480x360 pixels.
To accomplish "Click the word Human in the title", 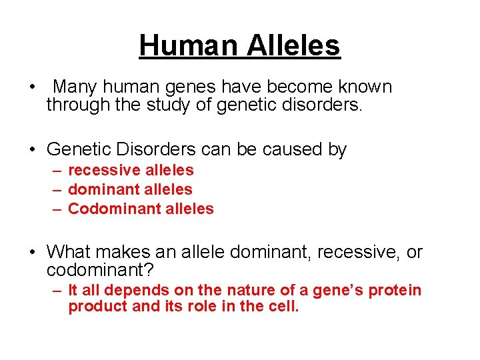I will (188, 45).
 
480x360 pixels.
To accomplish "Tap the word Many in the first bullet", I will (76, 87).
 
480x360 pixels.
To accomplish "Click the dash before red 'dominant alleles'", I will (57, 190).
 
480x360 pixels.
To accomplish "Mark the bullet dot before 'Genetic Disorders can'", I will (32, 150).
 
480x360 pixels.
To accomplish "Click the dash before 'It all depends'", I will (57, 291).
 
